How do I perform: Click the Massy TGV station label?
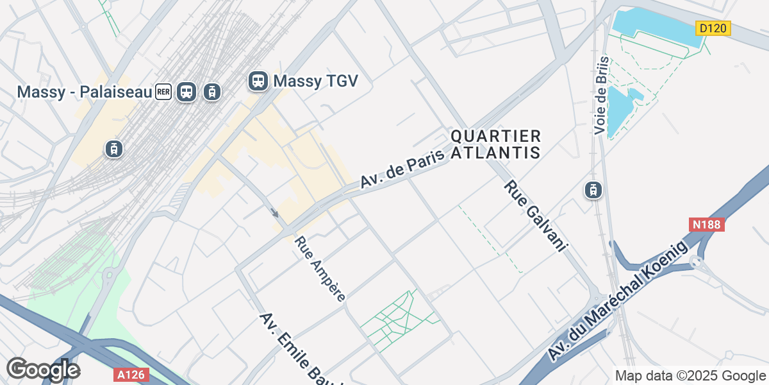point(315,81)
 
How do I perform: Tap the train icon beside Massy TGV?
point(258,81)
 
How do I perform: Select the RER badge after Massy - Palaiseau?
point(163,92)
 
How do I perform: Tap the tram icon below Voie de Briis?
point(593,189)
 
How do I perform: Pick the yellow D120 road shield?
point(713,28)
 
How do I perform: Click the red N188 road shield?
point(707,225)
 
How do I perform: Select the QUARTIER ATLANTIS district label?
point(496,144)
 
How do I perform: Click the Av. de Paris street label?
point(402,164)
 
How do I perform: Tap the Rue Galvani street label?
point(536,216)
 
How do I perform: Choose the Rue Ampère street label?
point(320,268)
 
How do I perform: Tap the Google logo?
point(43,370)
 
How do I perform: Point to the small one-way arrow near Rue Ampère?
point(275,212)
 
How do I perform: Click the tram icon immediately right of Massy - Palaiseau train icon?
point(211,92)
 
